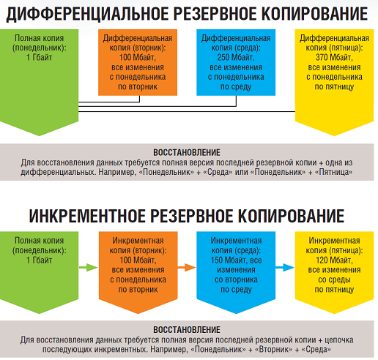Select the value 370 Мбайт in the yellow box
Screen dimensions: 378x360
[x=334, y=58]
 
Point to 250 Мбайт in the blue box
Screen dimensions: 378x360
[x=236, y=58]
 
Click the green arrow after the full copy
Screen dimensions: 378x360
[x=88, y=268]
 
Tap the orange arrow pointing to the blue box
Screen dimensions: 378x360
[x=187, y=268]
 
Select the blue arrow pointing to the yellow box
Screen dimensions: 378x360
[x=285, y=268]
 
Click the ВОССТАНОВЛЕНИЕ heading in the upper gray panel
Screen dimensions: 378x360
[x=187, y=153]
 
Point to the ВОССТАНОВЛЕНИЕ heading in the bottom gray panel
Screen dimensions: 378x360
[x=187, y=330]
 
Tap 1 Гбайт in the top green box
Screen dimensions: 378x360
[x=39, y=58]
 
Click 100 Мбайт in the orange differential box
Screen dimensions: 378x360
[x=138, y=58]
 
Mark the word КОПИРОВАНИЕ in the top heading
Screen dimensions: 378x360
[x=314, y=14]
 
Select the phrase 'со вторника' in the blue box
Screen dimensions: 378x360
[x=236, y=280]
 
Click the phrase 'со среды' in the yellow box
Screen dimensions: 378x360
[x=334, y=280]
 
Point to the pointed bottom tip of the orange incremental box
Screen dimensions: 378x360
[x=138, y=314]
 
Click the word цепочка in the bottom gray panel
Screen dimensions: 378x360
[x=340, y=340]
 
